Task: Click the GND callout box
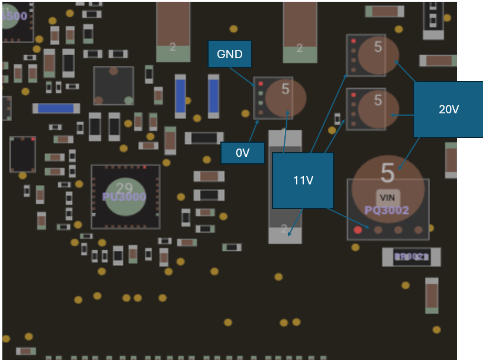[x=230, y=55]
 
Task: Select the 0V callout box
[x=243, y=153]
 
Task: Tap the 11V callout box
[x=303, y=180]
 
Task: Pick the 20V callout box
[x=448, y=109]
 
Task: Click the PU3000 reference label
[x=124, y=197]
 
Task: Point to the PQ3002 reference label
[x=387, y=210]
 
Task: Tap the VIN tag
[x=388, y=197]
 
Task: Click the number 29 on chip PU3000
[x=124, y=188]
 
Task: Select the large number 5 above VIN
[x=387, y=173]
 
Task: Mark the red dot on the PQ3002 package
[x=358, y=230]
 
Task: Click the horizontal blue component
[x=56, y=108]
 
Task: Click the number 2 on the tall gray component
[x=284, y=228]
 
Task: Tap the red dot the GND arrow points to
[x=260, y=84]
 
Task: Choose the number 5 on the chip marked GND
[x=286, y=89]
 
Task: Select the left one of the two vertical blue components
[x=180, y=96]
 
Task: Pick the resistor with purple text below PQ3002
[x=411, y=257]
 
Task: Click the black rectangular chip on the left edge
[x=22, y=154]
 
